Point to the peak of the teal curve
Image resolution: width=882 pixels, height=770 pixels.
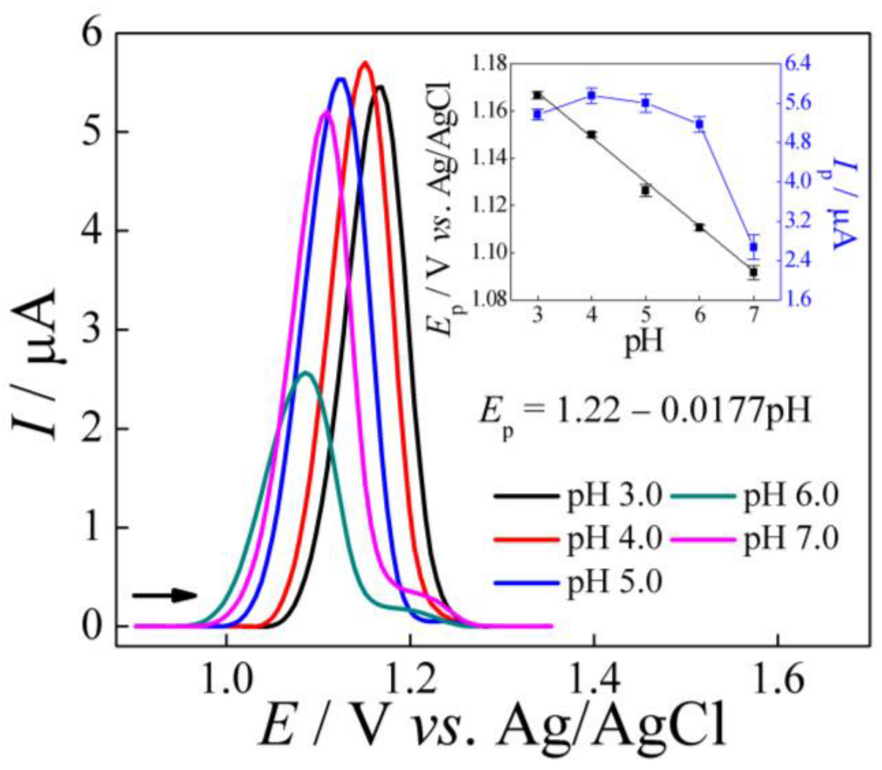coord(306,372)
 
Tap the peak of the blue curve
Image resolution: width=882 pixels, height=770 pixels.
coord(341,79)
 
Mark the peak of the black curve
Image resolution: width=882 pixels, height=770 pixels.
coord(380,86)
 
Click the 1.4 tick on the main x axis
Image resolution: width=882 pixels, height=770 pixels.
coord(594,674)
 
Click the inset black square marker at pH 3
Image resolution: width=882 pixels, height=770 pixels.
coord(538,95)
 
